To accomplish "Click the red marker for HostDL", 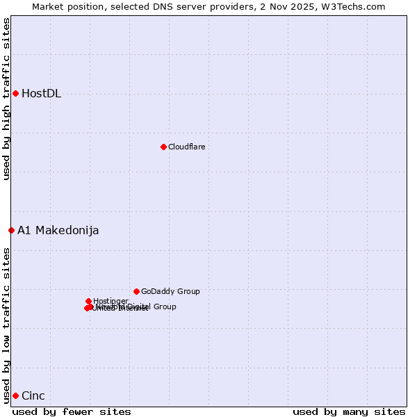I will (x=15, y=93).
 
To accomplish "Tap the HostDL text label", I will (x=41, y=94).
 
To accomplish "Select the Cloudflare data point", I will (x=163, y=147).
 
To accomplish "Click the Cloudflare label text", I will (x=186, y=147).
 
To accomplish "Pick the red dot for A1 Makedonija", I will (x=11, y=230).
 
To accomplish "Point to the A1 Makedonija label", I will (x=58, y=231).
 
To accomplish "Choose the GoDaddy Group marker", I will (x=136, y=291).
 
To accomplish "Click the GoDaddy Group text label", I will (x=170, y=292).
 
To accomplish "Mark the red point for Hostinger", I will (x=88, y=301).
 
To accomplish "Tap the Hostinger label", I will (x=111, y=301).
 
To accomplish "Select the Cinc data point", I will (x=15, y=395).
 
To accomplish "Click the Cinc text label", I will (x=33, y=396).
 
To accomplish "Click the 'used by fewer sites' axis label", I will (x=72, y=411).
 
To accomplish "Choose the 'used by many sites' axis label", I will (x=349, y=411).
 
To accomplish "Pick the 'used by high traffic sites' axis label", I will (x=6, y=99).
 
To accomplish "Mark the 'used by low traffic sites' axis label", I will (x=6, y=325).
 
